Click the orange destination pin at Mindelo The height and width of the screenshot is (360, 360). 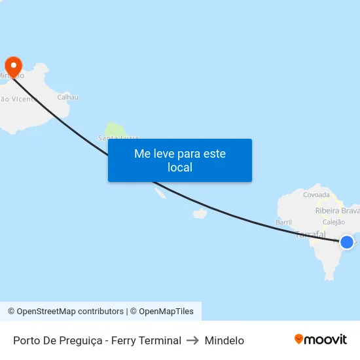[13, 65]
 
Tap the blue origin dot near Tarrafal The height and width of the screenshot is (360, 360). [347, 242]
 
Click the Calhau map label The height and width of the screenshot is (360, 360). [67, 98]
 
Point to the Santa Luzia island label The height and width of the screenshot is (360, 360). [118, 137]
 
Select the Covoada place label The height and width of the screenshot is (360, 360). [317, 194]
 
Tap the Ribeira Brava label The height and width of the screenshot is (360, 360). [337, 211]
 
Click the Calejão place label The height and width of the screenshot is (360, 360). [334, 223]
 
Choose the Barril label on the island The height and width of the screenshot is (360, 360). [283, 223]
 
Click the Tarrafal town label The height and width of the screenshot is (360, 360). [310, 234]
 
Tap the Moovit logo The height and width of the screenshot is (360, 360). [321, 340]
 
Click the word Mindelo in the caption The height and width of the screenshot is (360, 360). [225, 340]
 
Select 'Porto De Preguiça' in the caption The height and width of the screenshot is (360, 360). [55, 340]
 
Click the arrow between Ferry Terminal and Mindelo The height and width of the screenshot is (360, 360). [193, 340]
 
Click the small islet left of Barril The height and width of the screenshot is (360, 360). [200, 213]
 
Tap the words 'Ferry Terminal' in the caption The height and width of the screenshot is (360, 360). [146, 340]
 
